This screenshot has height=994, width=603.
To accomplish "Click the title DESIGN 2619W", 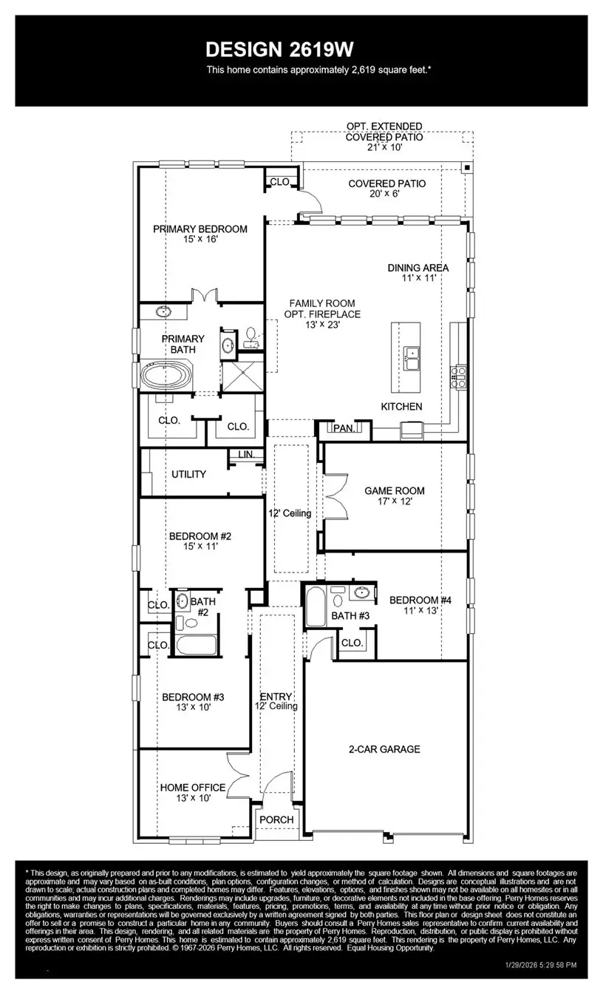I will click(280, 50).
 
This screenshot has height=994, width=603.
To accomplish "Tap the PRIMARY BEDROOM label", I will click(200, 229).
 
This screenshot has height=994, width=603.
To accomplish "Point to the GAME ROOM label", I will click(395, 490).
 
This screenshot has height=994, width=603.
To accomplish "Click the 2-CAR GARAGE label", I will click(384, 749).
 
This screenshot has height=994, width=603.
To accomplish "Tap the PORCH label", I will click(276, 819).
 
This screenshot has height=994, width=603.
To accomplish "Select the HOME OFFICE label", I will click(193, 787).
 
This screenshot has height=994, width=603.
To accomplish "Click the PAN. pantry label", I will click(344, 427).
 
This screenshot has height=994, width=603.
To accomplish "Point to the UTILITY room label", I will click(188, 474).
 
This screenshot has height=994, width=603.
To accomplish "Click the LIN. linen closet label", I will click(245, 455).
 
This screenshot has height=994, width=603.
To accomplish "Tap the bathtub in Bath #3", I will click(314, 606).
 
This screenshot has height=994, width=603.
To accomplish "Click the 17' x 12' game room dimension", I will click(395, 501).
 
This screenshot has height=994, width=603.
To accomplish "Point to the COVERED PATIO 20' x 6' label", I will click(386, 189).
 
